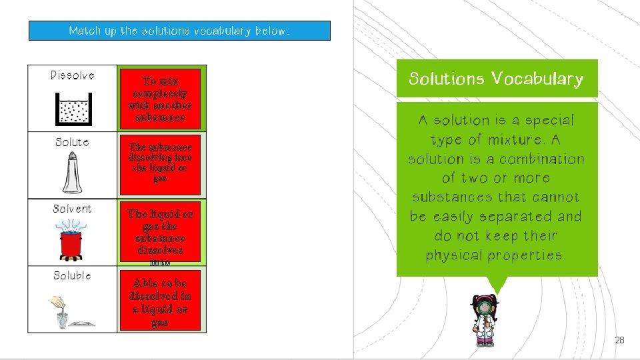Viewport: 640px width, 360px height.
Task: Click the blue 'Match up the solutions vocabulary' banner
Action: tap(179, 31)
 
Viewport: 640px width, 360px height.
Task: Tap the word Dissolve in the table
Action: tap(72, 75)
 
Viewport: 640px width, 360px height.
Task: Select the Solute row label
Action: tap(72, 142)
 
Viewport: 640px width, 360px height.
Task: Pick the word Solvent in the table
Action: tap(72, 209)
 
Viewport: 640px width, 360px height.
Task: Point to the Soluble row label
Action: tap(72, 275)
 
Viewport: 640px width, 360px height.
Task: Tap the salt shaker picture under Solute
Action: tap(72, 173)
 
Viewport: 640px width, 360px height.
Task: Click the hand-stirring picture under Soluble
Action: tap(72, 311)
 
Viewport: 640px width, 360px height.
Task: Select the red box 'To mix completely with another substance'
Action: tap(160, 99)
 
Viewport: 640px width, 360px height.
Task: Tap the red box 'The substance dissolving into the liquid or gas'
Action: tap(160, 163)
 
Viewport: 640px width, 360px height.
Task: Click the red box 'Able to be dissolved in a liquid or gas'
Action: tap(160, 302)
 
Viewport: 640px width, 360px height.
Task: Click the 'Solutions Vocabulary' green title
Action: tap(496, 79)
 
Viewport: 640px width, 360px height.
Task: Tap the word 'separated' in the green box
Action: tap(513, 217)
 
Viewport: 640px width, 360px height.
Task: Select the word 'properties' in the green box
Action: tap(526, 255)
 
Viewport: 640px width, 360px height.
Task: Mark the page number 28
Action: tap(619, 340)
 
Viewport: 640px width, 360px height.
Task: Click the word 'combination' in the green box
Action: tap(542, 159)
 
